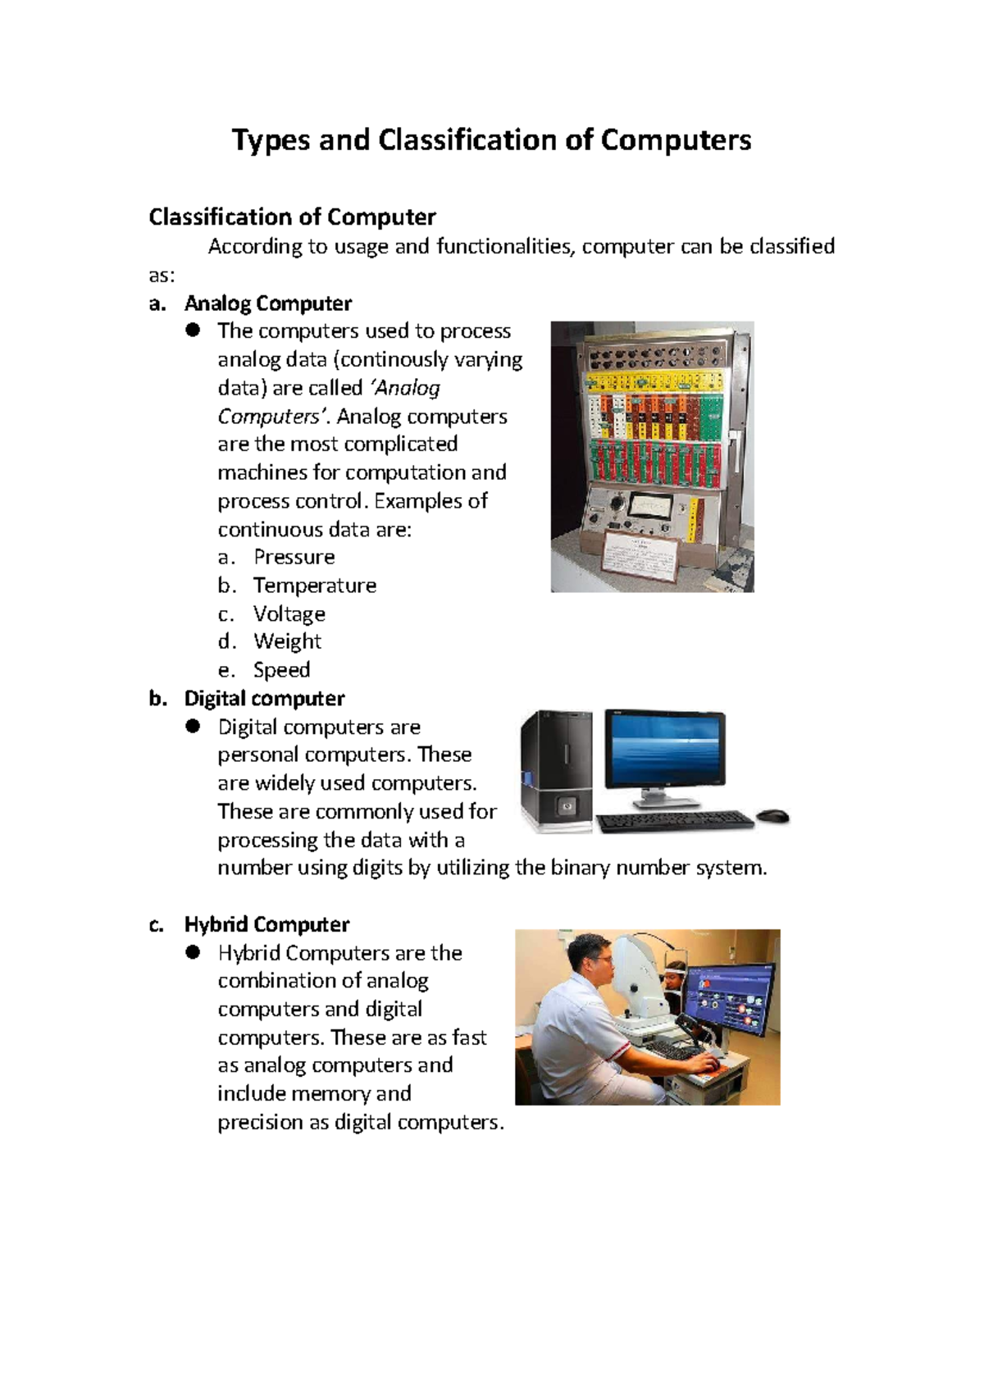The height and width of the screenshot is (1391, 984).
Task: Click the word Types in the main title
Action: click(x=271, y=140)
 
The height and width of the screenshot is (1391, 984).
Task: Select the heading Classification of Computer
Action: click(x=292, y=217)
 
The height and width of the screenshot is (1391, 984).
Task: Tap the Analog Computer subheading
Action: click(x=267, y=303)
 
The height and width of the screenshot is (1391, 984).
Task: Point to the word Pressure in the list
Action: click(x=294, y=557)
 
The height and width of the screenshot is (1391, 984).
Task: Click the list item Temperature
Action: click(x=314, y=586)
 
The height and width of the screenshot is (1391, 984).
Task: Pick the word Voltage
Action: click(x=289, y=614)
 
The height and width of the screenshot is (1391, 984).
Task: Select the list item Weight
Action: click(x=287, y=641)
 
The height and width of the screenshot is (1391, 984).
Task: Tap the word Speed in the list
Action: click(x=281, y=670)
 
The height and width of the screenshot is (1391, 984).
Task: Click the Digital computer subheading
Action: click(x=264, y=699)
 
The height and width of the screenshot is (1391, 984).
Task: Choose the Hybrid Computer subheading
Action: click(x=266, y=925)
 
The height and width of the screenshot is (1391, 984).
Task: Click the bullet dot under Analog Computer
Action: click(x=193, y=330)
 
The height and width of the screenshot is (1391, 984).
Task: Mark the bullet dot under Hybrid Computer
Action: click(x=193, y=952)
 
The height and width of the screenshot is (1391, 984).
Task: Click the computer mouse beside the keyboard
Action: click(x=772, y=816)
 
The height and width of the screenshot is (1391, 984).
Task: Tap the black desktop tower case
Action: click(x=557, y=771)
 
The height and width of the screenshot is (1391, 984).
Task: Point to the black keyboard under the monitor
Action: click(x=674, y=821)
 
